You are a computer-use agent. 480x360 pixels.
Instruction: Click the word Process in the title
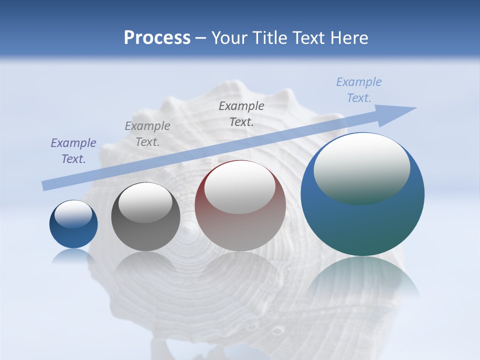point(157,37)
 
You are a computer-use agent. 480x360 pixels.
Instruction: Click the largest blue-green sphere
point(362,225)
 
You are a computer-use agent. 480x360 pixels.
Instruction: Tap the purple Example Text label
point(73,151)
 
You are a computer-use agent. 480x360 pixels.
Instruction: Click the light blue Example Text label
point(359,90)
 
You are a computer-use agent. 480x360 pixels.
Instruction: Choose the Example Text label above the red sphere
point(241,113)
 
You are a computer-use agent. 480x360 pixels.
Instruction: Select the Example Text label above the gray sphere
point(147,133)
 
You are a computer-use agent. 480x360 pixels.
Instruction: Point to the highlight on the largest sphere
point(362,168)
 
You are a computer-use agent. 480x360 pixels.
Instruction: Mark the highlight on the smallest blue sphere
point(73,214)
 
